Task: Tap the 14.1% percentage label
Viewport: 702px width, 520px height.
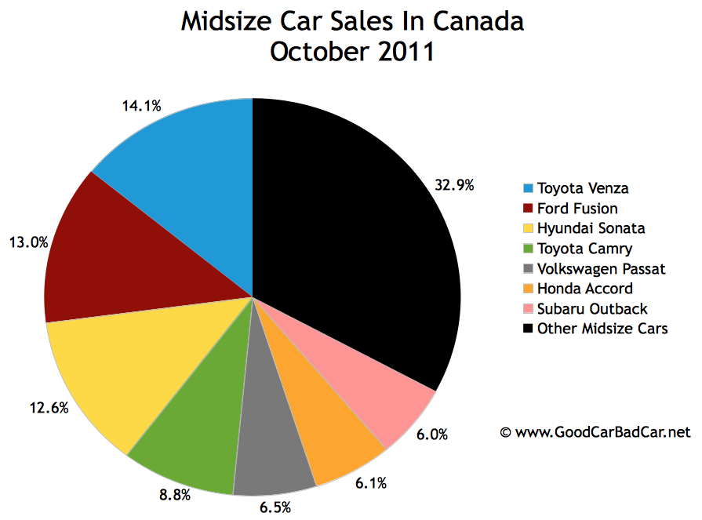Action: point(141,105)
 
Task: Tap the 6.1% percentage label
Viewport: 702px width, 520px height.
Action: point(370,484)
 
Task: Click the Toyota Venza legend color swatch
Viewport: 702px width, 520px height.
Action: point(529,188)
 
